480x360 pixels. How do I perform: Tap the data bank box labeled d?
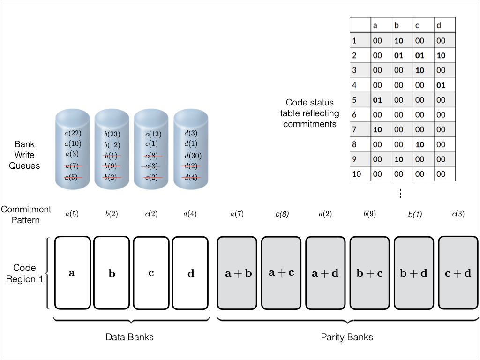[190, 273]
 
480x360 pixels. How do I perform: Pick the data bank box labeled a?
[72, 273]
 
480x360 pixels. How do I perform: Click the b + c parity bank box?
[369, 273]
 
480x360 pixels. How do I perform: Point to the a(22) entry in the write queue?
[73, 134]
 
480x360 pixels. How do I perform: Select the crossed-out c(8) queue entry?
[151, 156]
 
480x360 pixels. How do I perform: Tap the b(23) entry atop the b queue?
[112, 134]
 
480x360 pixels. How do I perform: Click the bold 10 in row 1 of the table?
[399, 41]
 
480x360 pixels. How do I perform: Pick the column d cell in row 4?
[441, 85]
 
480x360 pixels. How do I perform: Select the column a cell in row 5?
[377, 100]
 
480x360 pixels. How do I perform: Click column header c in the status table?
[416, 26]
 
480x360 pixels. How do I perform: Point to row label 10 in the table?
[357, 174]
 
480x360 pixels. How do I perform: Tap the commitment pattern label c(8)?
[282, 214]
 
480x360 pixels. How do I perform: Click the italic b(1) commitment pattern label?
[415, 214]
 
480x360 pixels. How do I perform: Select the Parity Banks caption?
[347, 337]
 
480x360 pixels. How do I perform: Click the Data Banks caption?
[129, 337]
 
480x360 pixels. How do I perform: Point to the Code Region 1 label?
[24, 273]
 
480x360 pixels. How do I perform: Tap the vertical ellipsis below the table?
[400, 193]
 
